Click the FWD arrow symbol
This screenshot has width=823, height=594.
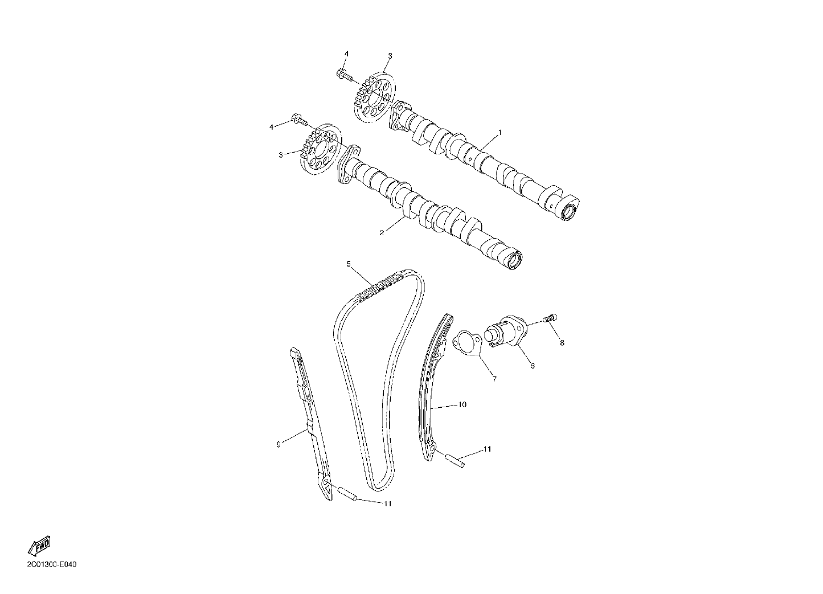point(39,546)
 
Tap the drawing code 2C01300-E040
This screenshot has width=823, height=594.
point(52,564)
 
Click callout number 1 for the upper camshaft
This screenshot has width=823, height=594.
point(499,132)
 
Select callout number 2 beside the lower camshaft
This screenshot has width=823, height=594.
point(382,232)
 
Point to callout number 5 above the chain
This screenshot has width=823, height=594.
point(349,263)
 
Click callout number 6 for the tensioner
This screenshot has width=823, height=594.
point(533,366)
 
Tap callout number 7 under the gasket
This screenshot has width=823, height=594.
point(494,379)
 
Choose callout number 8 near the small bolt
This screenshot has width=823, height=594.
point(562,343)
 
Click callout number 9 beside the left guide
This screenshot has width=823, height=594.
point(279,444)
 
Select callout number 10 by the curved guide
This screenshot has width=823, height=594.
point(462,404)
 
